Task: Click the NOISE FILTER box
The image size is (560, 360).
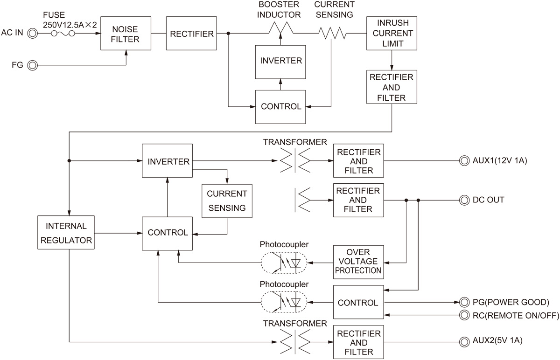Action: (126, 34)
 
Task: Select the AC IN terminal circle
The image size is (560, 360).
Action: (32, 34)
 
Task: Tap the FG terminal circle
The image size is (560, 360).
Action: (32, 65)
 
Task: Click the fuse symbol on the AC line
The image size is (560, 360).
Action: (63, 34)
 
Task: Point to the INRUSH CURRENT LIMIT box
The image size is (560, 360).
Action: (391, 33)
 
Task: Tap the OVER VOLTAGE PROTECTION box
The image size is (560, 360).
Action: (358, 262)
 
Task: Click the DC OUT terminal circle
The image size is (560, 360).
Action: (464, 201)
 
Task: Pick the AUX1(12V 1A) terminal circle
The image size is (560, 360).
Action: (464, 161)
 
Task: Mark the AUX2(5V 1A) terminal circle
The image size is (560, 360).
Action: (464, 341)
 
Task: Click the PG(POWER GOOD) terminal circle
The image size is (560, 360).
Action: (464, 301)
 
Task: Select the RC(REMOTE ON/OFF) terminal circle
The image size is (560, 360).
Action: (464, 316)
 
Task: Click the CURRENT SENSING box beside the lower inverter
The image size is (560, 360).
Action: (226, 201)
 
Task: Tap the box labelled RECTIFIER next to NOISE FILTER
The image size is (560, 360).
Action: (192, 34)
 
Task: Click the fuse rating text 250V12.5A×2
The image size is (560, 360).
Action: (70, 25)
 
